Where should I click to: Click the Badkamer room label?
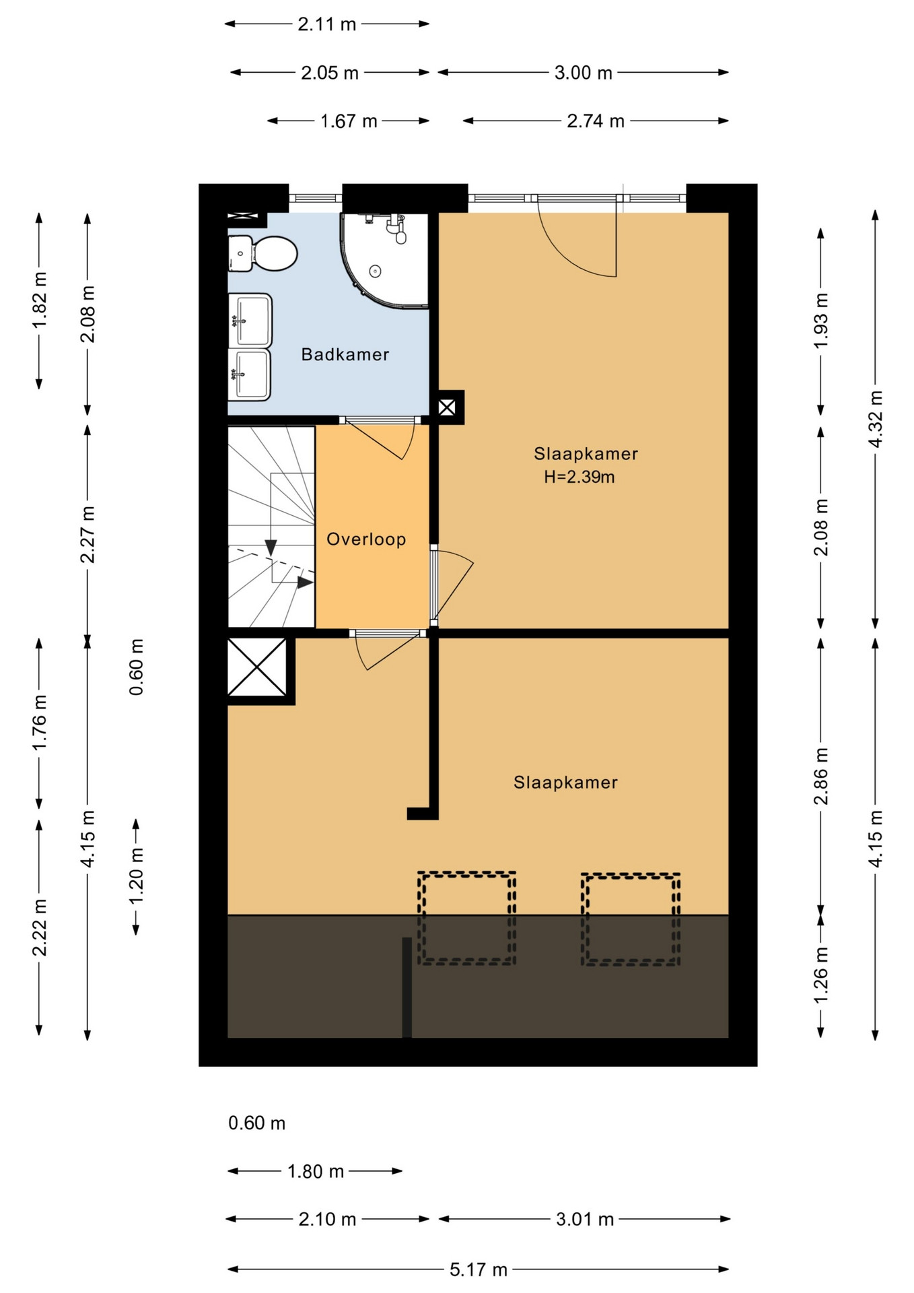coord(345,354)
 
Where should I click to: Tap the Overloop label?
coord(366,539)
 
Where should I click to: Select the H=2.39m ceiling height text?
coord(579,477)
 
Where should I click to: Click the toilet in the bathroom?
coord(262,254)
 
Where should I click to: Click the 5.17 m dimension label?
coord(479,1269)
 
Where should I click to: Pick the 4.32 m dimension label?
coord(876,419)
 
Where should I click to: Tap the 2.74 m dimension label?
coord(596,121)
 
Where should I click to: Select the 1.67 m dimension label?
coord(349,121)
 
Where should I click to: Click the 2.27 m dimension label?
coord(87,534)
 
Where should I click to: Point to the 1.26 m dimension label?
coord(821,974)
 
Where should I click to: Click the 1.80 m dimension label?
coord(316,1171)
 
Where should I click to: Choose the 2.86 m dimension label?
coord(821,776)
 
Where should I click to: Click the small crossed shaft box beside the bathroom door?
coord(447,407)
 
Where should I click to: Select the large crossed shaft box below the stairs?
coord(257,667)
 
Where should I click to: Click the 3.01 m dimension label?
coord(585,1220)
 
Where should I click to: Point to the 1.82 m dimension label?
coord(39,301)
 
